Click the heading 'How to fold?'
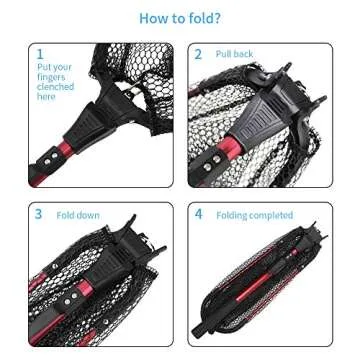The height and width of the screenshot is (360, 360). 180,18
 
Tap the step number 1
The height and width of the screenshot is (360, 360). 40,54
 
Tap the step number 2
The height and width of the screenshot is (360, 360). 198,54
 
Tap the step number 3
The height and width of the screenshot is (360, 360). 39,214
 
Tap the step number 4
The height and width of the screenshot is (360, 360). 198,214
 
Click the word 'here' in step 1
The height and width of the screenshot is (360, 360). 46,96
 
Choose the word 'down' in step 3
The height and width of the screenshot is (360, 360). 83,214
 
